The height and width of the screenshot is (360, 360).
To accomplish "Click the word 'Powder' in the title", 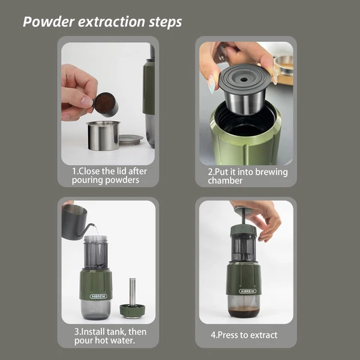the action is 49,22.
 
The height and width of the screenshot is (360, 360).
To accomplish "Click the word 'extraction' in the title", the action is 112,22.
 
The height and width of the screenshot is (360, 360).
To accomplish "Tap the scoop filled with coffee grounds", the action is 106,104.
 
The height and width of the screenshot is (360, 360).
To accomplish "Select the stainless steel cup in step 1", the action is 103,136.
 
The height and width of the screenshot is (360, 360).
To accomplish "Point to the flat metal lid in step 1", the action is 131,139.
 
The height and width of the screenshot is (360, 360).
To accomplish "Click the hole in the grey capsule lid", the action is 244,80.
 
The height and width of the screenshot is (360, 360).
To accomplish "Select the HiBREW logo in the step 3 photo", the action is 98,296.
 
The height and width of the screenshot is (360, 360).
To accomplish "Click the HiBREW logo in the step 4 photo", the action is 247,291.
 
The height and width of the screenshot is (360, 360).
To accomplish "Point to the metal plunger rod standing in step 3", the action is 132,293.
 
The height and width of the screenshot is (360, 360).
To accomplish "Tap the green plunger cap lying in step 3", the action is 132,310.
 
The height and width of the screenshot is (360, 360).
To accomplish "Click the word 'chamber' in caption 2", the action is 225,181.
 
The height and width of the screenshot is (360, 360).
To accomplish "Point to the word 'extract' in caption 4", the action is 263,335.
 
